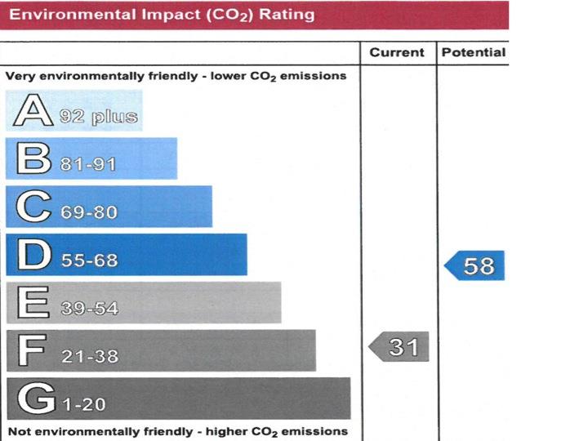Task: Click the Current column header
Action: [397, 52]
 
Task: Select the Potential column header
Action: [473, 52]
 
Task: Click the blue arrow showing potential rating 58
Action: [474, 265]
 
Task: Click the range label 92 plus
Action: [99, 116]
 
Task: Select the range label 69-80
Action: [89, 212]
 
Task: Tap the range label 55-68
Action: [89, 261]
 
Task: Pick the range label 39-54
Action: [89, 309]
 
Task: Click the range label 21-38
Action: [89, 357]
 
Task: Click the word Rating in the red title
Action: [286, 15]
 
